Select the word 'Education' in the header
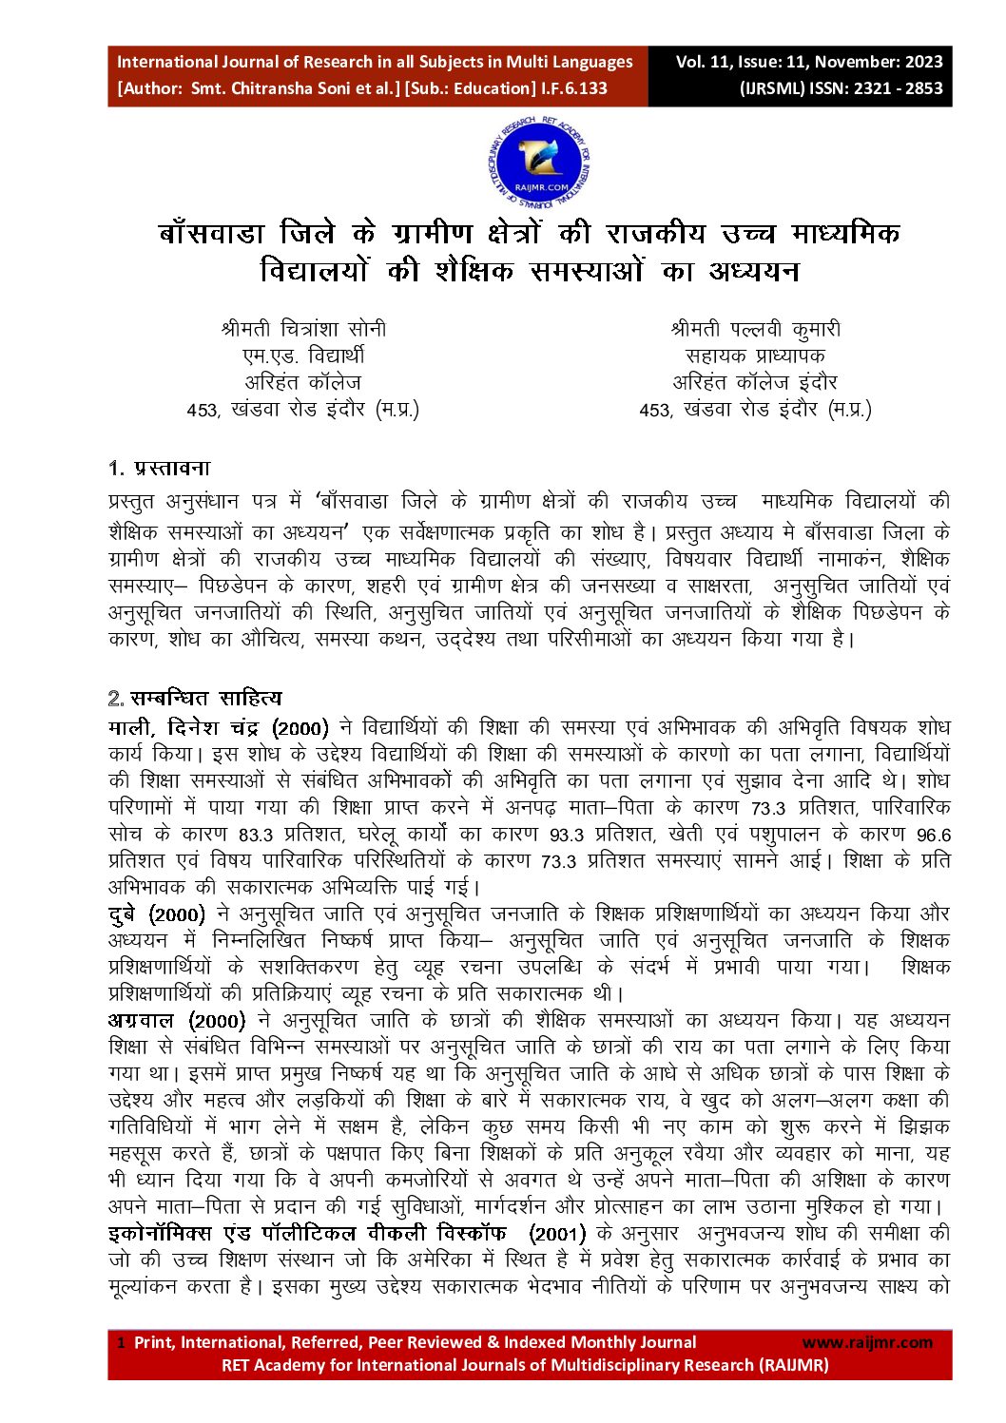point(493,88)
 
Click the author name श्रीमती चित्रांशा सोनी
point(303,330)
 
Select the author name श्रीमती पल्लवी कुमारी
point(755,330)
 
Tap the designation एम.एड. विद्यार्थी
point(303,356)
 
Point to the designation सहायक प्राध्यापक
point(755,356)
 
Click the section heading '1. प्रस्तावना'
point(159,468)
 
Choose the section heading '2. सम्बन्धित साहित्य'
point(195,699)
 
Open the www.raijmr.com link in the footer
point(867,1342)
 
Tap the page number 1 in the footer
point(121,1342)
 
